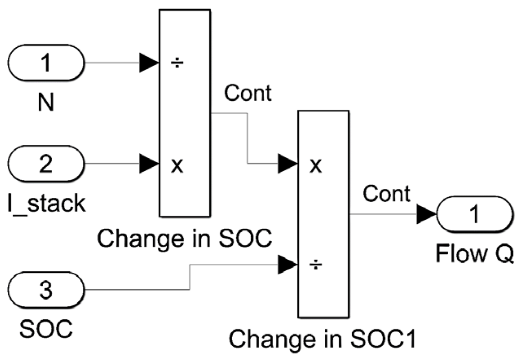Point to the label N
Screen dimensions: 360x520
coord(46,102)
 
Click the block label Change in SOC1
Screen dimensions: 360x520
coord(322,338)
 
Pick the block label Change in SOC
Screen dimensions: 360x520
coord(185,239)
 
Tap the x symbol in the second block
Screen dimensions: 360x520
coord(315,165)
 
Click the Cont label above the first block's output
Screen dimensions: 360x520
coord(248,93)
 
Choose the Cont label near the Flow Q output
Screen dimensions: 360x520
coord(387,194)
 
